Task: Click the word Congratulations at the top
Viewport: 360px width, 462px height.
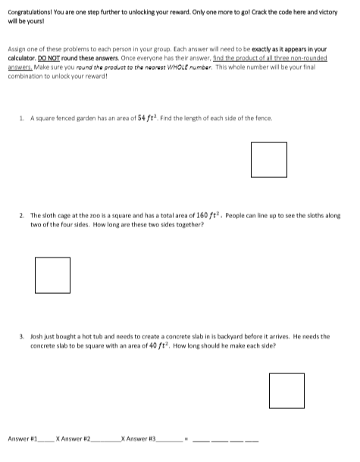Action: point(29,11)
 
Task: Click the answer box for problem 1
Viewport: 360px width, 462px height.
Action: point(269,160)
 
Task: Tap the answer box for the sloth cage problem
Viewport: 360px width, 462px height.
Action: point(52,274)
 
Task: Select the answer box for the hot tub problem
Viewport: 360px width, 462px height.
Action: point(286,391)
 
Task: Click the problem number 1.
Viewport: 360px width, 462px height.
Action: point(23,119)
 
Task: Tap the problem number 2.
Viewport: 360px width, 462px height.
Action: point(22,217)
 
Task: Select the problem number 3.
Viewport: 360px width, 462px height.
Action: point(22,336)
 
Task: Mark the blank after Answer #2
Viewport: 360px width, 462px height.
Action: point(107,439)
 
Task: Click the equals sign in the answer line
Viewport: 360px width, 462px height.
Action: point(187,439)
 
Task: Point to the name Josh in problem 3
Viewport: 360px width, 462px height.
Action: point(37,336)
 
